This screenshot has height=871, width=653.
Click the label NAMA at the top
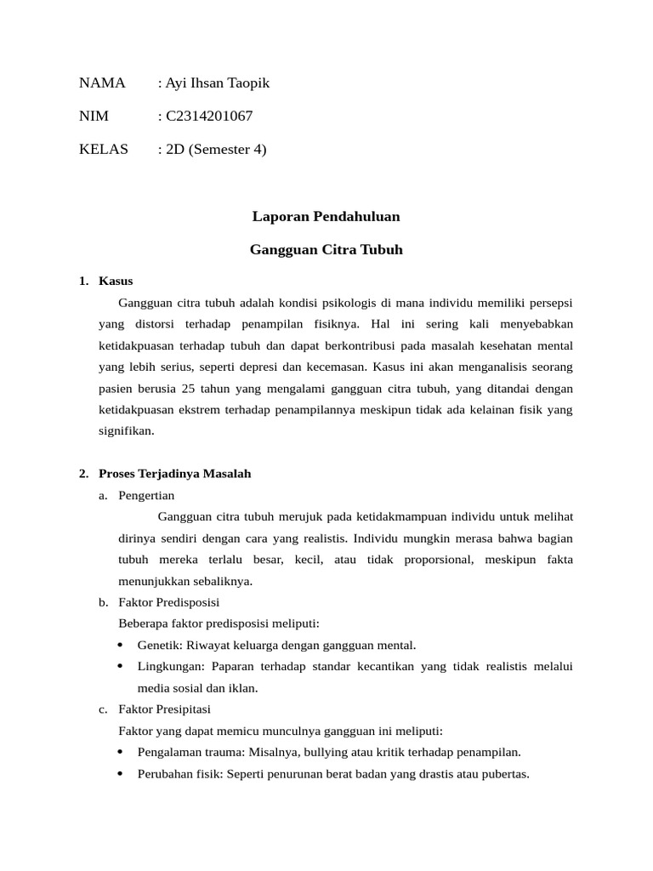[102, 83]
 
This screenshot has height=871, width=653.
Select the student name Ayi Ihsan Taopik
[216, 83]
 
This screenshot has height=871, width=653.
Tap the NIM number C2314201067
[208, 116]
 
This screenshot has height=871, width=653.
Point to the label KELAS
[104, 150]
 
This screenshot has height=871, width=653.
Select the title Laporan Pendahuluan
[326, 217]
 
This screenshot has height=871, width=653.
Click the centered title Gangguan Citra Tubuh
[326, 250]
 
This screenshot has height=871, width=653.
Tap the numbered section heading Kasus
[116, 281]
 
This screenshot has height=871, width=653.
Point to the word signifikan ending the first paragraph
[126, 431]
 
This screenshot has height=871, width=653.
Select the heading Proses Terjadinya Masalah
[174, 474]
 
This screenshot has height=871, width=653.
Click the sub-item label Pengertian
[146, 495]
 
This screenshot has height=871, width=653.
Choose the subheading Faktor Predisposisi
[170, 603]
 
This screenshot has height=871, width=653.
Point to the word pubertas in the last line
[503, 774]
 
